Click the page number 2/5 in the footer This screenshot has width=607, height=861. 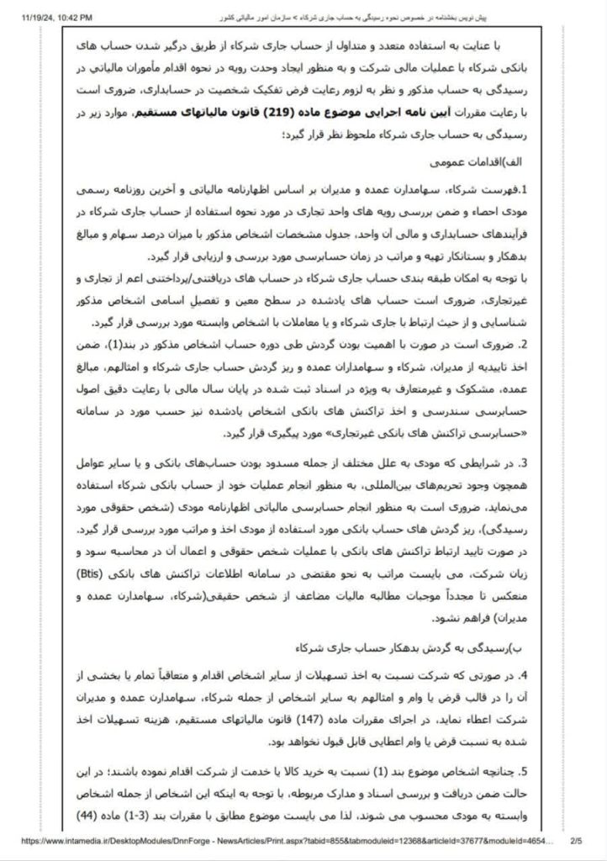[577, 839]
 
